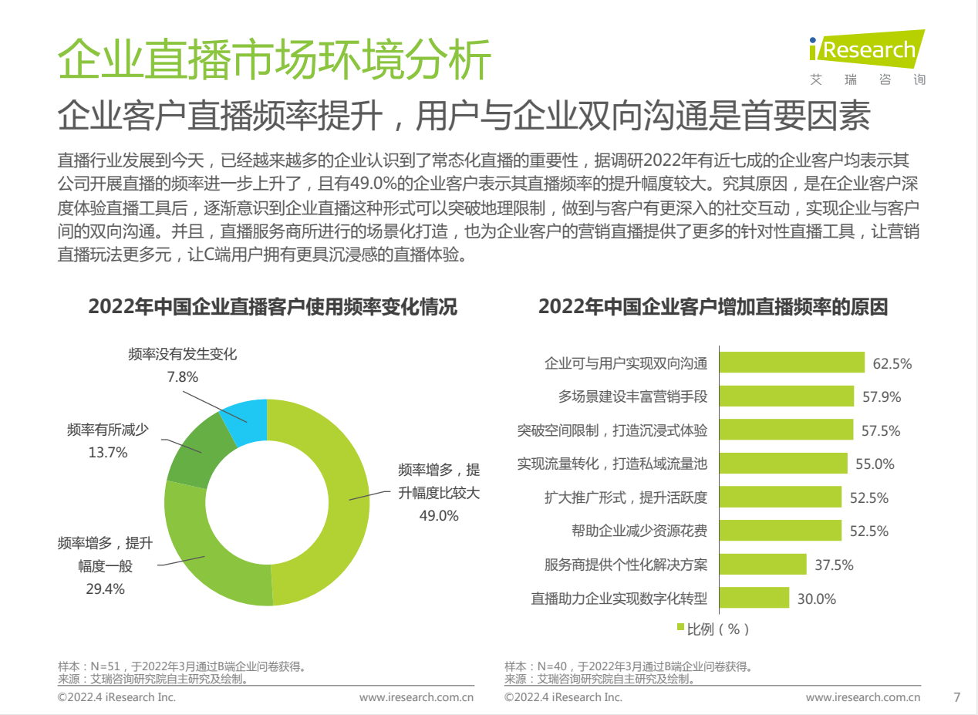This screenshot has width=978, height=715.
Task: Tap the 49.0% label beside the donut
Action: [438, 515]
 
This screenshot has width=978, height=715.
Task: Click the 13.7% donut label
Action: [107, 453]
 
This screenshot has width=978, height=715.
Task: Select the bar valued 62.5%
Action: [792, 363]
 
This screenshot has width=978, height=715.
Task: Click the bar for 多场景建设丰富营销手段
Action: [787, 396]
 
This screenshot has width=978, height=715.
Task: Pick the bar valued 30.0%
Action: [754, 598]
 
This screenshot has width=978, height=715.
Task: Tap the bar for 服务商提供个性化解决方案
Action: [763, 565]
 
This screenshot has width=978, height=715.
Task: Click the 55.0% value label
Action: [875, 464]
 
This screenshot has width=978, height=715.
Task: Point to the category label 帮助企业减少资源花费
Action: [639, 531]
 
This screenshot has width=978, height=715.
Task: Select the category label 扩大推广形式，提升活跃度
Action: [625, 497]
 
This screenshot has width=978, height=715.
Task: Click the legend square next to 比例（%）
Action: [680, 629]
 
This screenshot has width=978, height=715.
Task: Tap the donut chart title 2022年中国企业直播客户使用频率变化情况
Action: [272, 307]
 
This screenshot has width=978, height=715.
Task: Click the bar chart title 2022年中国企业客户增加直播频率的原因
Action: [713, 307]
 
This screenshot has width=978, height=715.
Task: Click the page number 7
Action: [957, 697]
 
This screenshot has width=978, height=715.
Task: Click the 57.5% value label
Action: [881, 431]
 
